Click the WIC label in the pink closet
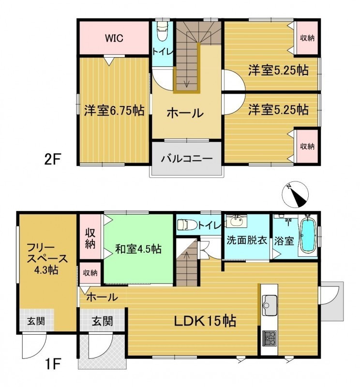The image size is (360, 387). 114,38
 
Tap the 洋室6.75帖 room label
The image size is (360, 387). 114,110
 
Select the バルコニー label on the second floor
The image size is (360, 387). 187,158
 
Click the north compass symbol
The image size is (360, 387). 296,194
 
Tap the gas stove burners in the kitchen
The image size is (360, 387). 270,339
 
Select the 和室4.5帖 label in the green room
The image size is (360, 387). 138,249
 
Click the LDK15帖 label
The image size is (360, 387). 205,321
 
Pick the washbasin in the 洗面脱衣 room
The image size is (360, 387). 237,221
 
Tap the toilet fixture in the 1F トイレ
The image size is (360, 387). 187,224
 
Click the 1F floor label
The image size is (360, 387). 52,364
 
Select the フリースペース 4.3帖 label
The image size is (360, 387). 46,258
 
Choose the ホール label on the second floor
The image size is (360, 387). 185,113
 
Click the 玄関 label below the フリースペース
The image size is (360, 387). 36,321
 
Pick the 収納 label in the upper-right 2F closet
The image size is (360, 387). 307,38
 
